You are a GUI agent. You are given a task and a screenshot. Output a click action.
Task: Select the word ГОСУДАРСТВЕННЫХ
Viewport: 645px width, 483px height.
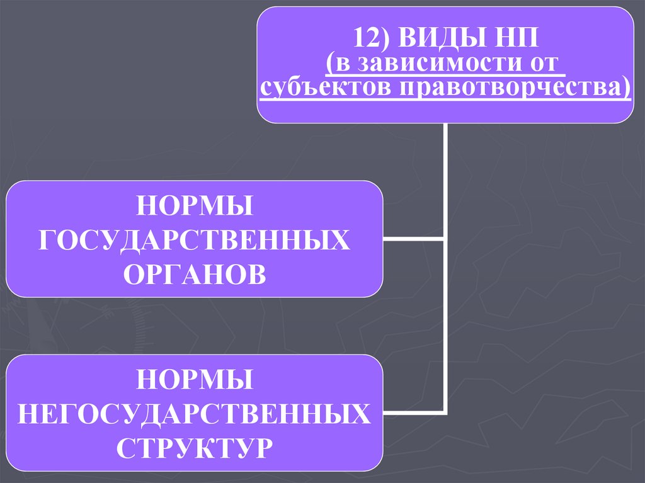(x=195, y=240)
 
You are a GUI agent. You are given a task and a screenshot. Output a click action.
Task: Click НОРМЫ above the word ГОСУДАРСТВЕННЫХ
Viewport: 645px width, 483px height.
(x=195, y=206)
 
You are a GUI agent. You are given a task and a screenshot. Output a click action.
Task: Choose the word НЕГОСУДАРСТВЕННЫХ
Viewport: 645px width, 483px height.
(x=195, y=414)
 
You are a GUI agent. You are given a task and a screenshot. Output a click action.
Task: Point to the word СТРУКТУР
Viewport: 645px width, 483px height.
(x=195, y=448)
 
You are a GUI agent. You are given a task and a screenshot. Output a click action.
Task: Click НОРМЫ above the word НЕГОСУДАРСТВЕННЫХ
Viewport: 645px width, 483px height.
(x=195, y=380)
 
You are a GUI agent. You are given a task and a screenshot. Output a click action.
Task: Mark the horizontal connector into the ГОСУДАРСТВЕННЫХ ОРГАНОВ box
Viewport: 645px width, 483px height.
(x=413, y=239)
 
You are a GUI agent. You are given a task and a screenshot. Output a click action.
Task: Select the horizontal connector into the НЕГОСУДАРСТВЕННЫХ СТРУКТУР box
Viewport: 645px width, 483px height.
(x=413, y=413)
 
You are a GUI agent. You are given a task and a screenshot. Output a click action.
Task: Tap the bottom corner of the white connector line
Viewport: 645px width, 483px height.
(x=445, y=413)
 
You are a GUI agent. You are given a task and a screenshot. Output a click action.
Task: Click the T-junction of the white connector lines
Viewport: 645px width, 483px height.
(x=445, y=239)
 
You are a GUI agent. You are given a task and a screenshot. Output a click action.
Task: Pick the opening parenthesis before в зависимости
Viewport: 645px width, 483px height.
(x=330, y=64)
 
